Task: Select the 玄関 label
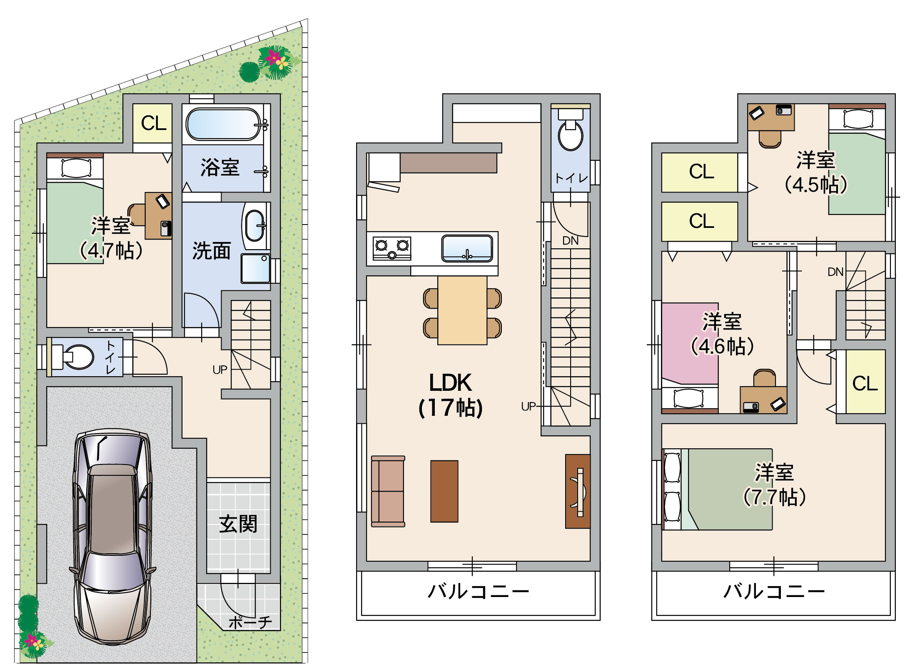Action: click(238, 524)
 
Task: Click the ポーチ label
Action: click(250, 622)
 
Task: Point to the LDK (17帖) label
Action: click(450, 395)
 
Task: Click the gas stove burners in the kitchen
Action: click(392, 248)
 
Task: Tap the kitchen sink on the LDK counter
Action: click(467, 248)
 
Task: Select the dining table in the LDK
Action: click(462, 310)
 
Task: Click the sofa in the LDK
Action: click(388, 491)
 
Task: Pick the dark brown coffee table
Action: click(444, 491)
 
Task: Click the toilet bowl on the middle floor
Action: click(570, 133)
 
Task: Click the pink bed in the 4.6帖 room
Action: click(690, 343)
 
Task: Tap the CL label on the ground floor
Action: click(154, 123)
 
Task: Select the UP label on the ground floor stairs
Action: click(220, 370)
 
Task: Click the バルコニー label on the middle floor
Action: click(479, 591)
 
